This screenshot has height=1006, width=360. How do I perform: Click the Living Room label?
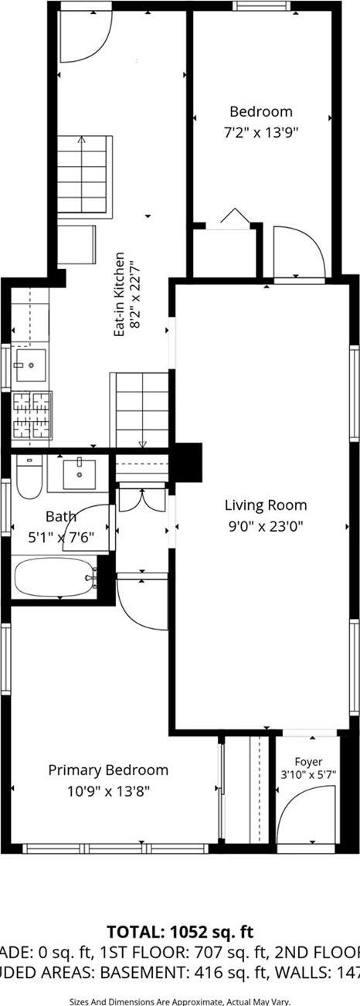click(x=265, y=505)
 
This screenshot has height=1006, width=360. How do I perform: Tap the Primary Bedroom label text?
click(x=108, y=770)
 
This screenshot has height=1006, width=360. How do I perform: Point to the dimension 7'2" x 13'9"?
click(x=260, y=131)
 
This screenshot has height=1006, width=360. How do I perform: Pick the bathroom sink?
click(x=79, y=473)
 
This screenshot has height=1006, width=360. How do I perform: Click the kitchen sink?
click(x=30, y=366)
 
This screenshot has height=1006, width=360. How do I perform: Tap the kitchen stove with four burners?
click(x=31, y=416)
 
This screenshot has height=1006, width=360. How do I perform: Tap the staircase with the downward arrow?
click(x=141, y=410)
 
